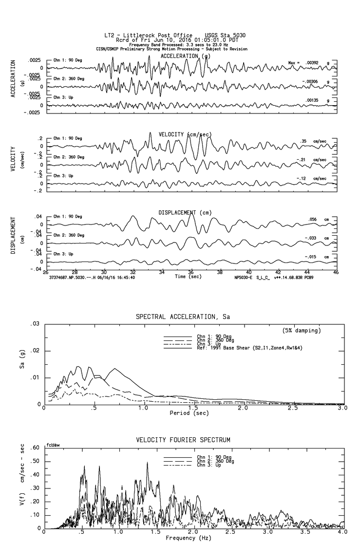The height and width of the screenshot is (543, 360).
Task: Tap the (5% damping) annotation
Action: click(x=302, y=331)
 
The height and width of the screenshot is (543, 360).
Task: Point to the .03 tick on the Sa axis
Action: click(x=35, y=324)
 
